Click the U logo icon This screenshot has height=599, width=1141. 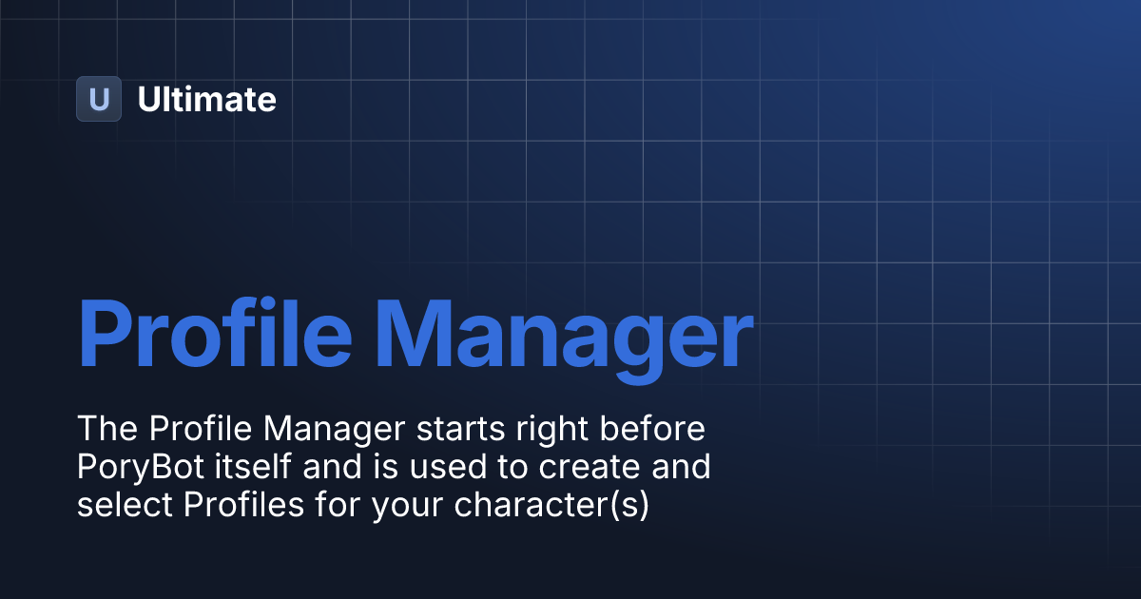[x=99, y=99]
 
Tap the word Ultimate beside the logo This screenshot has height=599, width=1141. [x=207, y=99]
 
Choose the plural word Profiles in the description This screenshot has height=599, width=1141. [x=246, y=505]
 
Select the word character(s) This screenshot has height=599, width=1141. [x=551, y=506]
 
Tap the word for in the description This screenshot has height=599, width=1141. [x=340, y=505]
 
